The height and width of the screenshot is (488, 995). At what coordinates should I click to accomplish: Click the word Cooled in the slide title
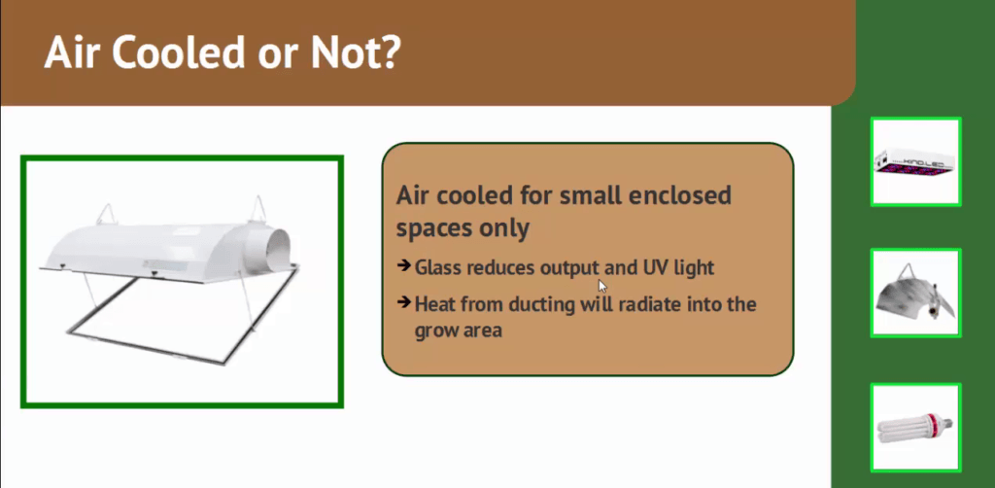[179, 52]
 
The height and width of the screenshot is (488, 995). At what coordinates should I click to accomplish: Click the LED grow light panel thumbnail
[915, 161]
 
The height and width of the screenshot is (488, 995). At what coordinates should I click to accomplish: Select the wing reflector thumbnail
[915, 293]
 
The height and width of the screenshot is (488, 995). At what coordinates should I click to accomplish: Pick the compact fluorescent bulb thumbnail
[915, 428]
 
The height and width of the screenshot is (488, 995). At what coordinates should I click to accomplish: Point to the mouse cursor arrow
[602, 286]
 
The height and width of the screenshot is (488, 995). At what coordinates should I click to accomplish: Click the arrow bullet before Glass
[403, 265]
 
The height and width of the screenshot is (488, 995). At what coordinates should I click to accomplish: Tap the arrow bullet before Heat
[403, 302]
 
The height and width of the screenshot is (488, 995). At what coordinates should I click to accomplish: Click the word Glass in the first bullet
[438, 267]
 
